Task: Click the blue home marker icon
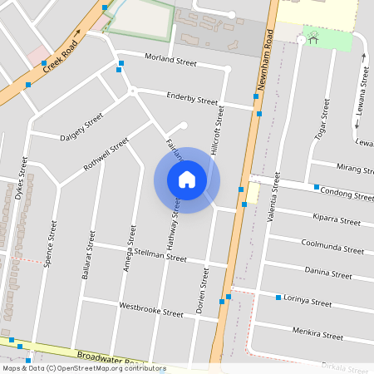[x=187, y=180]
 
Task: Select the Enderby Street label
[x=192, y=98]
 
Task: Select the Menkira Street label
[x=317, y=335]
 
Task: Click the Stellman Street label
[x=160, y=257]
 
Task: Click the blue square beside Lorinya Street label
[x=278, y=297]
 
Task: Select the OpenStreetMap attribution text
[x=84, y=368]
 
